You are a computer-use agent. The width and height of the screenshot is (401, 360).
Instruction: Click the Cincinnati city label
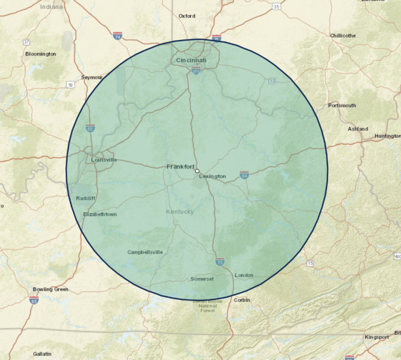[191, 61]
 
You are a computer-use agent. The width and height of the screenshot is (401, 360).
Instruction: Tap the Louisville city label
[104, 160]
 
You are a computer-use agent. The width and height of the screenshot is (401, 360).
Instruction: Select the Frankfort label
[180, 166]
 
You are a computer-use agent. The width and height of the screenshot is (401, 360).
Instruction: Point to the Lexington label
[213, 177]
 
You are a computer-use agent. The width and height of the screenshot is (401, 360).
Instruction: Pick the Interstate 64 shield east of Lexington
[245, 175]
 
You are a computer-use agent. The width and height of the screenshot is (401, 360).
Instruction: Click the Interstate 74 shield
[117, 36]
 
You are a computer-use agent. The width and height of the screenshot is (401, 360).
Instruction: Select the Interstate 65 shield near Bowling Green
[34, 300]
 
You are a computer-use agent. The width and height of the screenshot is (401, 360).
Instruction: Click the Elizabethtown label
[100, 214]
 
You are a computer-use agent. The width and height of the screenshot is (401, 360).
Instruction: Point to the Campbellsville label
[145, 252]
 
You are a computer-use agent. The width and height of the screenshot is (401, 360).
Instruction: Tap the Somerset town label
[203, 279]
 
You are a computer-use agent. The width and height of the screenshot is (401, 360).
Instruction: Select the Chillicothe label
[343, 36]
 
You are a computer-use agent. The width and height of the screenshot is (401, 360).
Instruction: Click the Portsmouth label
[342, 106]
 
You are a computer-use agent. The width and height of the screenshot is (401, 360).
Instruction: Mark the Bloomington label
[41, 54]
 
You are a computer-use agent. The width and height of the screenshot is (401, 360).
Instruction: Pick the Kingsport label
[377, 337]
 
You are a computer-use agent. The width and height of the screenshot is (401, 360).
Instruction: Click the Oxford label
[186, 16]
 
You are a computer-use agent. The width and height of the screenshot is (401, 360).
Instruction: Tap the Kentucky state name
[179, 212]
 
